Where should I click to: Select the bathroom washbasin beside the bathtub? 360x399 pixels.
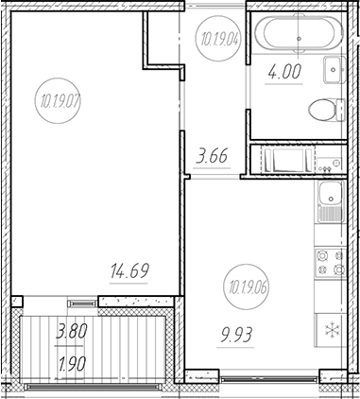334,69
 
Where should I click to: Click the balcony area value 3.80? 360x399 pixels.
73,332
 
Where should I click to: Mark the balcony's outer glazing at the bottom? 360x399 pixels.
94,388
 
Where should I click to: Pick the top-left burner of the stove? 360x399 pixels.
321,255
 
